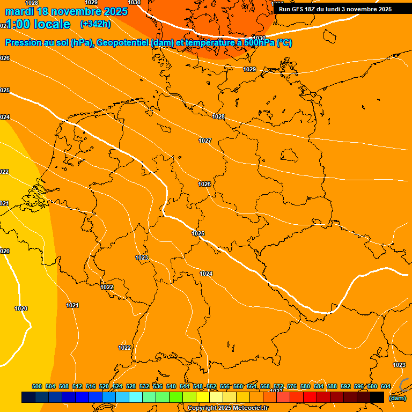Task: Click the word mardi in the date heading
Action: tap(19, 11)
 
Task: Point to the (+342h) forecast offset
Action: tap(95, 24)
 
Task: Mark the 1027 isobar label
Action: tap(205, 141)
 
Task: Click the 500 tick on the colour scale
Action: tap(37, 386)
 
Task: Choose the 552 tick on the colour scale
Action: tap(211, 386)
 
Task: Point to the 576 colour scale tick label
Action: tap(292, 386)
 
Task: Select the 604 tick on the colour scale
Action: tap(386, 386)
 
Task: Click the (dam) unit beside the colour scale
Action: tap(397, 398)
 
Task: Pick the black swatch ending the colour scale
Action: tap(377, 397)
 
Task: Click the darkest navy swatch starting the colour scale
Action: tap(28, 397)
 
